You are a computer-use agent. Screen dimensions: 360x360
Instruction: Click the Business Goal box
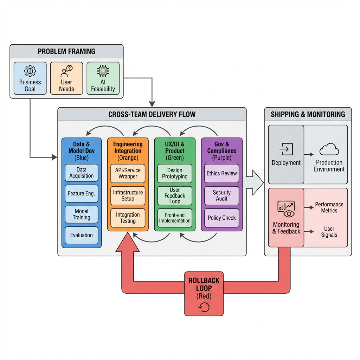coord(30,78)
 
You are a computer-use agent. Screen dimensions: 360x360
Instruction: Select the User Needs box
coord(66,78)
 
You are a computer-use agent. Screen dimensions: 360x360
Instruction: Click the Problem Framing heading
coord(66,51)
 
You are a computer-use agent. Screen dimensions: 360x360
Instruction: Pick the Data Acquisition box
coord(82,173)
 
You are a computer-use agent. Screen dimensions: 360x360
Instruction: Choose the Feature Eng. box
coord(82,193)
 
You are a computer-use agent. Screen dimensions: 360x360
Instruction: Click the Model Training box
coord(82,214)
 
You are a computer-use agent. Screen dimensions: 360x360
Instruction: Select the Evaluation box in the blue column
coord(82,235)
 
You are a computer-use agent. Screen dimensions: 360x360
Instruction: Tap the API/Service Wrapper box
coord(128,173)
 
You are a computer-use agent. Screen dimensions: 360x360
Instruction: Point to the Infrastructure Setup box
coord(128,195)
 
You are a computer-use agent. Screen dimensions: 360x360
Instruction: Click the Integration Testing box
coord(128,218)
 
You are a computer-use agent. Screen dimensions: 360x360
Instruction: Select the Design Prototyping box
coord(175,173)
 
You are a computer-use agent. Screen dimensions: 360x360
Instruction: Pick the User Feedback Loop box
coord(175,196)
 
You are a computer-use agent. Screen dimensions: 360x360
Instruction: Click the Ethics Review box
coord(222,173)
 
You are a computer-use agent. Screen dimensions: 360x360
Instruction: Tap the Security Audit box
coord(222,195)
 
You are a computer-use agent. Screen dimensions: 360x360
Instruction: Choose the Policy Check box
coord(222,218)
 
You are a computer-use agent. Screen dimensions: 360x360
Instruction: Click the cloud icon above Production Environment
coord(329,150)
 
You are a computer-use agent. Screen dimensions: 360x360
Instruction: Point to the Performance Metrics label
coord(329,207)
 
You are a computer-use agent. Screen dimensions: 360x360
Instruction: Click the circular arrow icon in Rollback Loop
coord(204,307)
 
